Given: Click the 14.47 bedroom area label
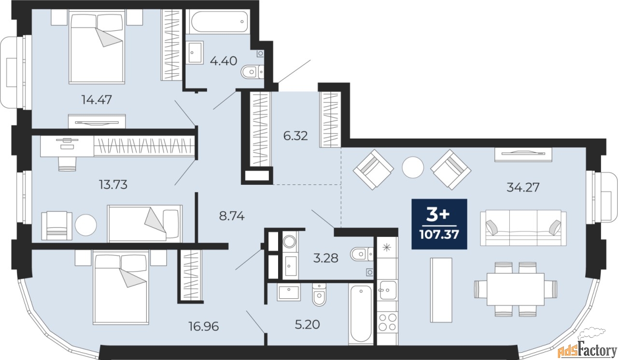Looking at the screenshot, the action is click(97, 99).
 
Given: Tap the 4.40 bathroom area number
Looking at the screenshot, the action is click(224, 61).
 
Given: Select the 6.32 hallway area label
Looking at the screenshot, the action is click(295, 136).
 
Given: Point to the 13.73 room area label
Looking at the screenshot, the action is click(113, 184).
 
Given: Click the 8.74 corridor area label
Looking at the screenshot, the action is click(232, 216).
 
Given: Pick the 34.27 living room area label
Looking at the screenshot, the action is click(523, 187).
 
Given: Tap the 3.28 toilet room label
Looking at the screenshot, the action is click(325, 258).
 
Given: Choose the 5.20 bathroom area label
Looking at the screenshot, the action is click(308, 324).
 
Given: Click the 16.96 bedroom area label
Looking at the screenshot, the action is click(204, 326).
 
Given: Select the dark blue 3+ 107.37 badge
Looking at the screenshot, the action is click(439, 224).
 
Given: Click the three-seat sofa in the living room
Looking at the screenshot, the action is click(523, 228).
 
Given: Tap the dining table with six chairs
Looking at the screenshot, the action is click(515, 289).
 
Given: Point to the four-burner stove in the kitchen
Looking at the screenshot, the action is click(388, 322).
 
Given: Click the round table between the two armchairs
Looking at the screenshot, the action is click(413, 167).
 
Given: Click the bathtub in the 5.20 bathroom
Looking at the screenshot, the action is click(361, 314).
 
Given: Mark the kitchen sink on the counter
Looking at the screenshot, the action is click(388, 290).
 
